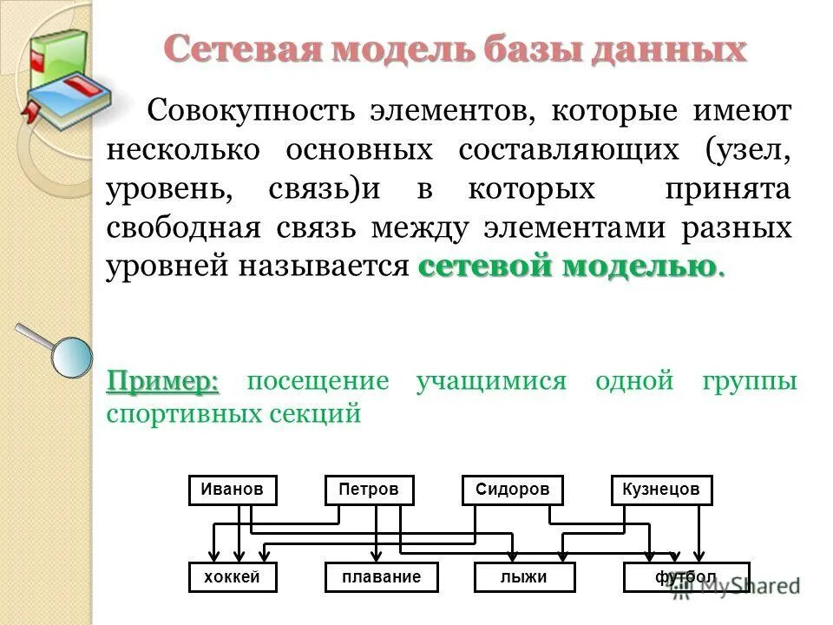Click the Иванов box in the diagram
click(x=233, y=490)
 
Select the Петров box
click(x=369, y=490)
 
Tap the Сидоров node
click(x=512, y=490)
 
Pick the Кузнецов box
click(x=661, y=490)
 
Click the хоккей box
click(x=233, y=577)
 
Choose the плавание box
click(x=381, y=577)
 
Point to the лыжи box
click(x=526, y=577)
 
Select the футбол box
click(x=685, y=577)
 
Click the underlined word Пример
click(x=162, y=380)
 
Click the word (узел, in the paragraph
click(x=747, y=150)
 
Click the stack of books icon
click(x=64, y=74)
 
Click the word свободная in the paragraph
click(x=183, y=227)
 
